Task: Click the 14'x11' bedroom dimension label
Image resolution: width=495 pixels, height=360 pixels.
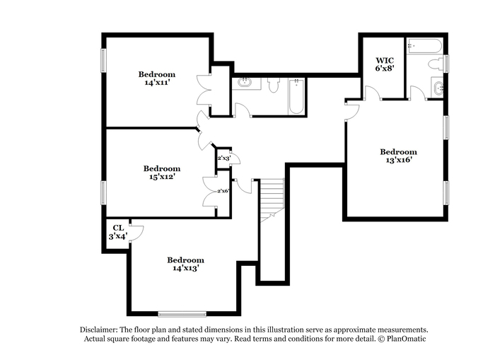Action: [157, 83]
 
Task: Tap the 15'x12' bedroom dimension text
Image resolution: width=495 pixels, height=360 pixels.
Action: [162, 177]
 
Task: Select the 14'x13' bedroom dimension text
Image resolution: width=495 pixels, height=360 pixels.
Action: [185, 268]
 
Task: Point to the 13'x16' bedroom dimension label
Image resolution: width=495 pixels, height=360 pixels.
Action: [398, 160]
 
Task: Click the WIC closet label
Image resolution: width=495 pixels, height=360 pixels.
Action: [385, 59]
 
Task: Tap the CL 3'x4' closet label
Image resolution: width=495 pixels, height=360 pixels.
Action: [118, 232]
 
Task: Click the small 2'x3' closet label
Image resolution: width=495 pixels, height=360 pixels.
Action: [224, 158]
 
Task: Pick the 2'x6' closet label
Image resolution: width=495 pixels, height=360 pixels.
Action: [223, 191]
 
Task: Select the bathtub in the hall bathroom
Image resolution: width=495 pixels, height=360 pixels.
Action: [296, 97]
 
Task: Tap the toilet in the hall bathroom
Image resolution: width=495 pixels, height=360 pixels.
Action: [274, 85]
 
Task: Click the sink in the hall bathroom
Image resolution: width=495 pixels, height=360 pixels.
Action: [245, 83]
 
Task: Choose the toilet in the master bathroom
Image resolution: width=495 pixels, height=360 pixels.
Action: [436, 64]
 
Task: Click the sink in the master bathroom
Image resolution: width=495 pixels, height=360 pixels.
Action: [438, 88]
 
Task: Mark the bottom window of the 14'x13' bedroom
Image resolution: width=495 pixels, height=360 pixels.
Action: [182, 314]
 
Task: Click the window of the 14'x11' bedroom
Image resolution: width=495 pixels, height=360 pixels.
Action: [103, 60]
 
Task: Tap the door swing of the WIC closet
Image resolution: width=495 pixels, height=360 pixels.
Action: [372, 92]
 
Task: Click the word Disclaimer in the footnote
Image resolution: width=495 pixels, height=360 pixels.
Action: [99, 330]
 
